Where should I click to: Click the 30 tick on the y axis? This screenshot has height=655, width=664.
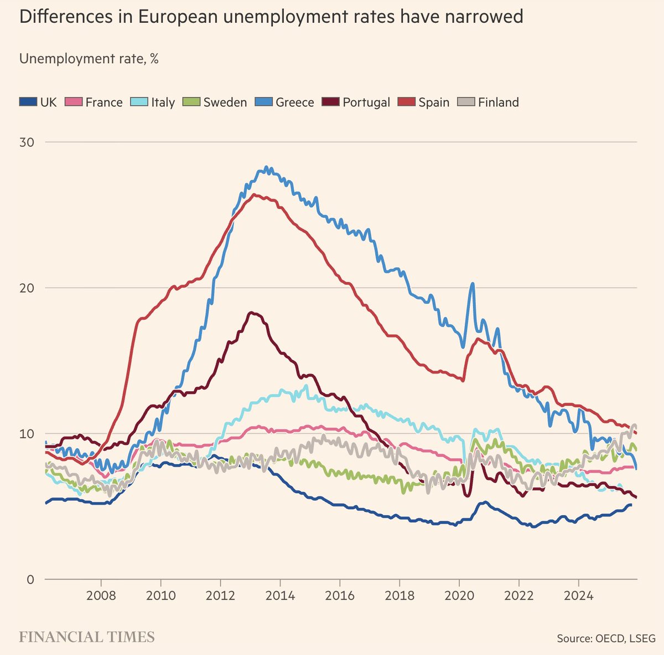27,142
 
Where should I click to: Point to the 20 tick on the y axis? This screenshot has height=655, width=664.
27,288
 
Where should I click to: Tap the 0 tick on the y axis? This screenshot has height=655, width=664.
30,580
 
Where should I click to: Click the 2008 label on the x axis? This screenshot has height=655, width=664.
101,596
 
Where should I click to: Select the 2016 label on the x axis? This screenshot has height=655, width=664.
340,596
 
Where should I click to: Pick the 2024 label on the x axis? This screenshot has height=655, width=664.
578,596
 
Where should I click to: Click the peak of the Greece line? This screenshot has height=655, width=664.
266,167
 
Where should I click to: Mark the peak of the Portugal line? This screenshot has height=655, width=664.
252,313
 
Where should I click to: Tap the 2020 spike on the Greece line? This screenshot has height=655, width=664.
472,284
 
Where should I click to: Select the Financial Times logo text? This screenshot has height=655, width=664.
87,637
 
